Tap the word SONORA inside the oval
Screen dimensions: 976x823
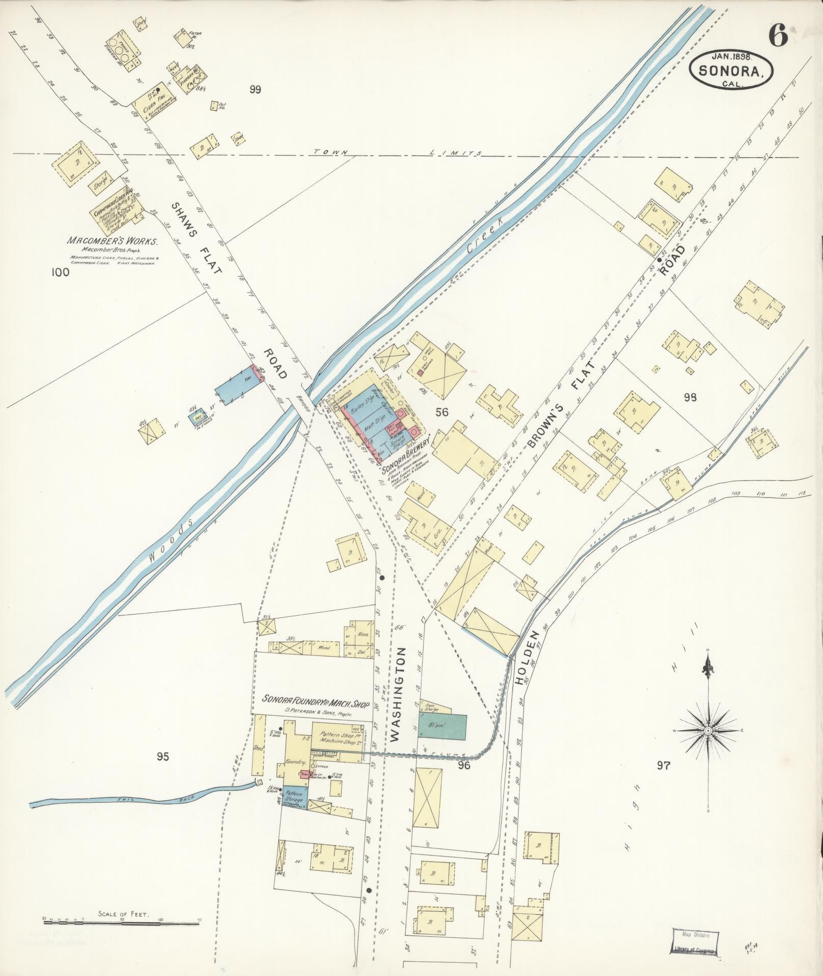coord(731,71)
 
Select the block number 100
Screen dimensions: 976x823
coord(60,272)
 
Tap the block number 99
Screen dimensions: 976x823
coord(255,89)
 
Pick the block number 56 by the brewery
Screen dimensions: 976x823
coord(442,412)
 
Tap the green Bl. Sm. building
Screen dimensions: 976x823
coord(442,726)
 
